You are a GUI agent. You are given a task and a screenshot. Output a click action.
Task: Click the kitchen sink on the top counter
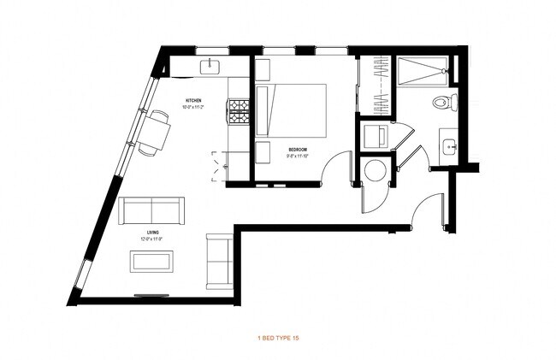click(210, 66)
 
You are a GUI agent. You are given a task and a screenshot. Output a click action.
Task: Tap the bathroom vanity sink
click(449, 144)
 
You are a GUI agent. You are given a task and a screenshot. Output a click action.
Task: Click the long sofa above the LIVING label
click(151, 209)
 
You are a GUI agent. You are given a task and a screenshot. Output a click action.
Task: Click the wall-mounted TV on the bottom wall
click(151, 296)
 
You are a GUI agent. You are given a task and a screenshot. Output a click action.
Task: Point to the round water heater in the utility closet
click(374, 170)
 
